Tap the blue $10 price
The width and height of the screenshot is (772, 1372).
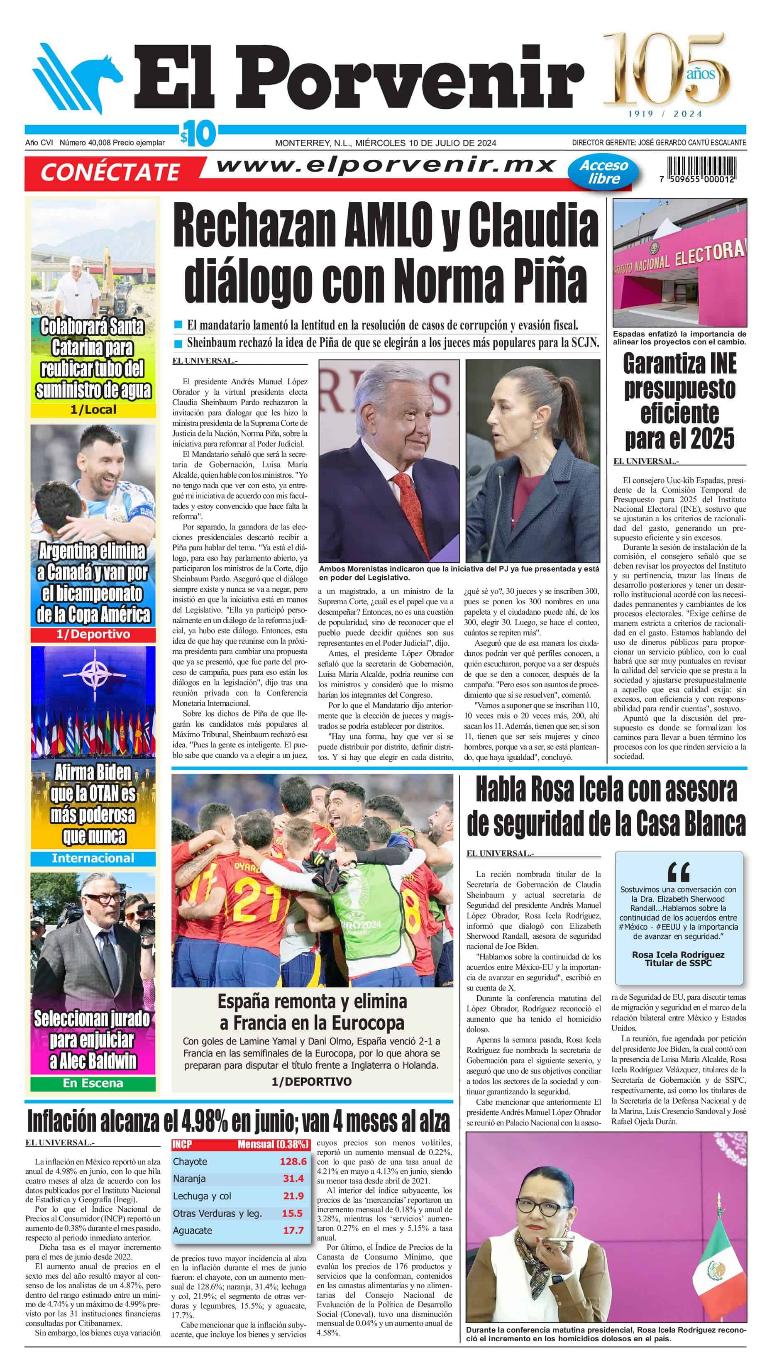click(198, 135)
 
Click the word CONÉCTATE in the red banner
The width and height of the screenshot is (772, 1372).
click(110, 173)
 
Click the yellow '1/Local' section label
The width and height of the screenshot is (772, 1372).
click(93, 410)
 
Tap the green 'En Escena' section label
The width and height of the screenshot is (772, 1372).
click(93, 1083)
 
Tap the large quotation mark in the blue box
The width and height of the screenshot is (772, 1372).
click(678, 872)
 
